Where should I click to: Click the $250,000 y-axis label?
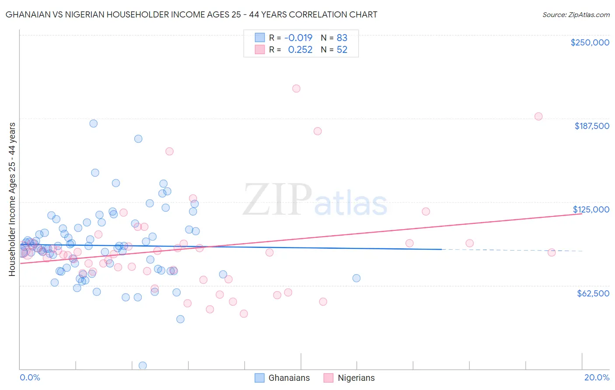pos(590,42)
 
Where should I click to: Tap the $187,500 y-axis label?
pos(591,126)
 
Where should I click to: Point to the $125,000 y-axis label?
pos(591,209)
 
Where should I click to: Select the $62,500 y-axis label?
pos(593,293)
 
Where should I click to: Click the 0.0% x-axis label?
pos(30,377)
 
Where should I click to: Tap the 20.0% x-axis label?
pos(597,377)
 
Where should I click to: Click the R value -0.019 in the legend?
pos(298,38)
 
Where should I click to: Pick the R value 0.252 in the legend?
pos(300,50)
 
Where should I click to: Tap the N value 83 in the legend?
pos(342,38)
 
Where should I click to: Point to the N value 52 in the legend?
pos(342,50)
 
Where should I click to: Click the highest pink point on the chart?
pos(296,88)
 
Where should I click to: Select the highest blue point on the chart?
pos(93,123)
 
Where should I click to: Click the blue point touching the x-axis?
pos(142,366)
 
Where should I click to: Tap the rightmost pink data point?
pos(552,252)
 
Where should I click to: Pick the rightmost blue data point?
pos(356,278)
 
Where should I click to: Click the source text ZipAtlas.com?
pos(576,15)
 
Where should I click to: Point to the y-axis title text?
pos(12,199)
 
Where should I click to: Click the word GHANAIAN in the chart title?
pos(26,14)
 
